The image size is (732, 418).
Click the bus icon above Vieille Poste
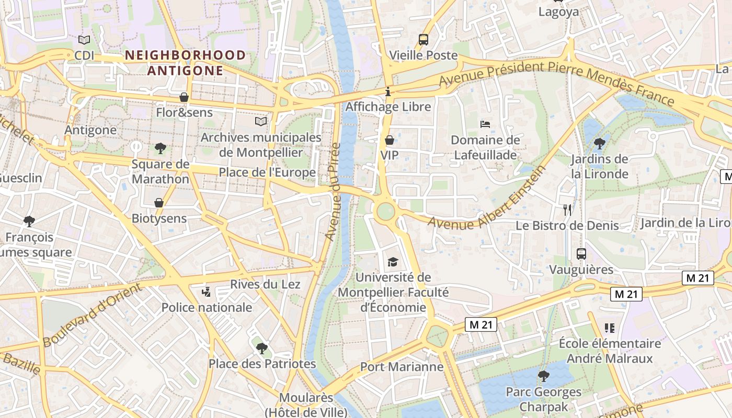click(x=423, y=39)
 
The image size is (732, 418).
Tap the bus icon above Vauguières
click(x=581, y=254)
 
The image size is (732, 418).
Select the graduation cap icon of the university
click(x=392, y=262)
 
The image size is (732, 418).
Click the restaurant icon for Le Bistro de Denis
click(x=567, y=210)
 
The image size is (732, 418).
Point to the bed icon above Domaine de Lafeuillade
click(x=485, y=124)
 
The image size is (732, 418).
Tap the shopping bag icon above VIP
click(x=389, y=140)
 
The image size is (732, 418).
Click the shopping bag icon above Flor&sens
click(x=184, y=97)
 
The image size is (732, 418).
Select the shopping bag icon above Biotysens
click(x=159, y=203)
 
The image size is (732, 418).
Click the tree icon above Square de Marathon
click(x=160, y=148)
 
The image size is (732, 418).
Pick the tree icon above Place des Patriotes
click(x=261, y=348)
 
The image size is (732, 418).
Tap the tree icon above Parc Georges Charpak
click(x=544, y=376)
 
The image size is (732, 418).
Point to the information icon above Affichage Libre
click(x=387, y=91)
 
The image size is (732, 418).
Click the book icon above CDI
click(x=84, y=40)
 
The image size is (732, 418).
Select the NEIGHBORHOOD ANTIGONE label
click(x=185, y=63)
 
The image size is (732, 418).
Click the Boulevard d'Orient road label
click(x=93, y=316)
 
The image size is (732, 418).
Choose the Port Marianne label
click(x=402, y=367)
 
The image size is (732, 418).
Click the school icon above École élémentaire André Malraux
click(x=609, y=328)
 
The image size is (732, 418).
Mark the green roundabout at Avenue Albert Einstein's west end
click(x=386, y=212)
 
